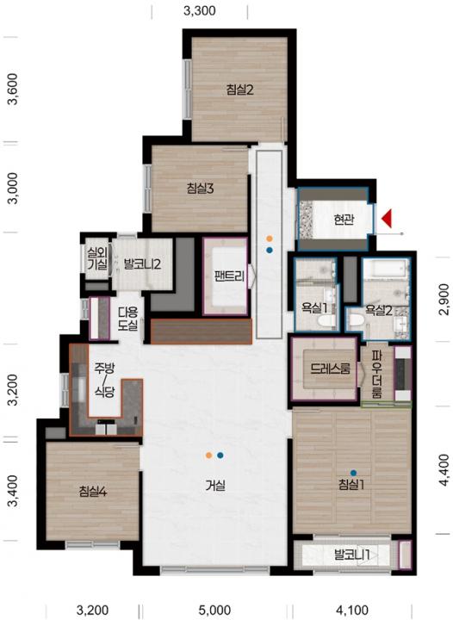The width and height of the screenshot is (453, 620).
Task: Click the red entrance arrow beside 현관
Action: tap(387, 218)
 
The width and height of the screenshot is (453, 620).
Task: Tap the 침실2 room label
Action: tap(240, 90)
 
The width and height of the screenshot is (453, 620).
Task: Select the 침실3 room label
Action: tap(200, 189)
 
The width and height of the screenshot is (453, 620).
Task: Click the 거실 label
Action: tap(215, 485)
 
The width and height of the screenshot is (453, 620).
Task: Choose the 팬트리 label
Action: tap(229, 276)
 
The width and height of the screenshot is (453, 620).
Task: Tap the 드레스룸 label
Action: tap(330, 369)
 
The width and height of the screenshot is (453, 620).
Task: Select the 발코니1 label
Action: tap(351, 555)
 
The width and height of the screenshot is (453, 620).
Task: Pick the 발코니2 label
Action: tap(142, 263)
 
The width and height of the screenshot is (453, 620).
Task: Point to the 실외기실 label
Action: tap(97, 258)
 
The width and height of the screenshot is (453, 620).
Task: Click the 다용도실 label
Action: tap(127, 319)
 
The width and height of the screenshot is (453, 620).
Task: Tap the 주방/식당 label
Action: tap(104, 380)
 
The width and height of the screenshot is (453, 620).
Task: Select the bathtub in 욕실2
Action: tap(386, 269)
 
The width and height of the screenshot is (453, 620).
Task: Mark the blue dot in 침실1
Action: tap(353, 472)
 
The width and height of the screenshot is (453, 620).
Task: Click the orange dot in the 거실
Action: tap(209, 456)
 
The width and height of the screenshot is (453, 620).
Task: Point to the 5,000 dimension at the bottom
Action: tap(215, 611)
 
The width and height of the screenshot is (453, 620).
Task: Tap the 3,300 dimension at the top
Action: tap(200, 10)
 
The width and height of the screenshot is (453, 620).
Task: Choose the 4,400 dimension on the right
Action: tap(444, 470)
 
